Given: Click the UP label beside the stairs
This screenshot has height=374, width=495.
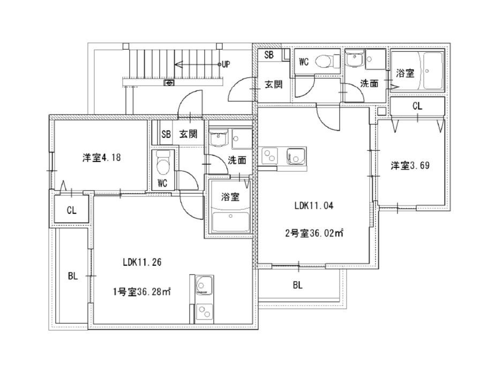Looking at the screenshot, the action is pos(226,64).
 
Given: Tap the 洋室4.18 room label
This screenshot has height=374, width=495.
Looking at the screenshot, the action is pos(102,157).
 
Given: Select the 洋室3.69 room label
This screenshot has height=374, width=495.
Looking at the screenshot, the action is pos(410,165).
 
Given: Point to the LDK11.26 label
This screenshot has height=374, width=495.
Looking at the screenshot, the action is pos(142,262).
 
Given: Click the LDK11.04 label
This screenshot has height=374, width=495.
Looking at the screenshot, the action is pos(314,206).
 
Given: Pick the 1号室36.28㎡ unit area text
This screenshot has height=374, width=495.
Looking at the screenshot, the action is pos(142,292).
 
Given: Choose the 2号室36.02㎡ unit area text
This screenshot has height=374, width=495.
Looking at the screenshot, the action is pos(314,234).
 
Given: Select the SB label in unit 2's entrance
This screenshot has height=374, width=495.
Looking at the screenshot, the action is pos(269,55).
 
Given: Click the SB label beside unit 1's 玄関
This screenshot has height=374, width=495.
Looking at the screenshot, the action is pos(166,134).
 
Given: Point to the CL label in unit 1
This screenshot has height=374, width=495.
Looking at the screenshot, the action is pos(72,210).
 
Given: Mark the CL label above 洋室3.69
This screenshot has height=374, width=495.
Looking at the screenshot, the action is pos(417,106).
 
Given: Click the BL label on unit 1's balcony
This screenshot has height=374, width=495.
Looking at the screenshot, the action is pos(73,277).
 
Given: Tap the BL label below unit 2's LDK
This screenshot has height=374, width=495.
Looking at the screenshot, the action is pos(298,285).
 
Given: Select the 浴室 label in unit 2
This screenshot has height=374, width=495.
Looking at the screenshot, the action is pos(406,73).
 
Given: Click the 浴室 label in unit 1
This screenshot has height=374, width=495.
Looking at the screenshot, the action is pos(230,197).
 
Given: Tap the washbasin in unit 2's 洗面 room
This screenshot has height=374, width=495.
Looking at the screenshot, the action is pos(355,59).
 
